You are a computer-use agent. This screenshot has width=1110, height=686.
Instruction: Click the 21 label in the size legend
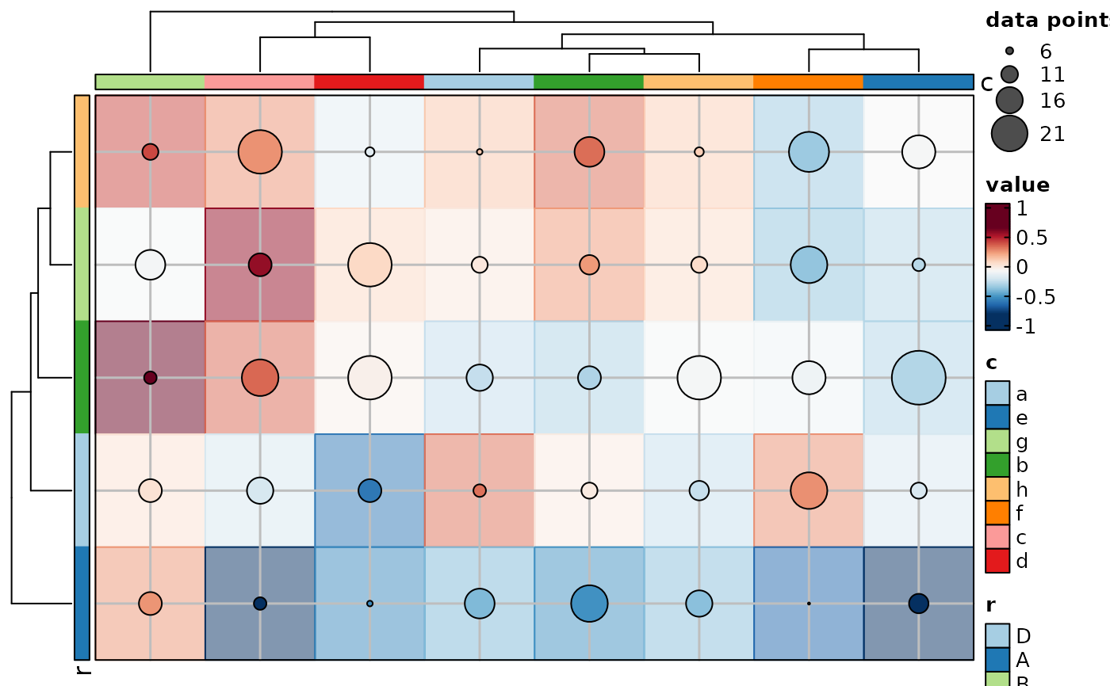[x=1052, y=135]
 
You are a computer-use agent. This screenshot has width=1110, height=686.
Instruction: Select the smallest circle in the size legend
[x=1009, y=51]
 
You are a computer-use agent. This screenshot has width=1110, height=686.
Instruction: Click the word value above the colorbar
[x=1017, y=185]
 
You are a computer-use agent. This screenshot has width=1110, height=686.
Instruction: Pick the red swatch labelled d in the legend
[x=997, y=561]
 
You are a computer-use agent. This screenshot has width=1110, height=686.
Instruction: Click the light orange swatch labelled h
[x=997, y=490]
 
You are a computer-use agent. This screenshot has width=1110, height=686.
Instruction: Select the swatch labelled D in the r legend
[x=997, y=635]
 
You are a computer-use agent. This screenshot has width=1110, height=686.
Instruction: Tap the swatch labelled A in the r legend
[x=997, y=660]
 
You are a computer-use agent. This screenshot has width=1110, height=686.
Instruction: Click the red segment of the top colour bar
[x=369, y=82]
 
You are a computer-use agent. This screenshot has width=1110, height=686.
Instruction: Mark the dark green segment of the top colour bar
[x=588, y=82]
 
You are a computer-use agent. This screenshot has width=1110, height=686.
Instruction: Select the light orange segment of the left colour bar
[x=82, y=151]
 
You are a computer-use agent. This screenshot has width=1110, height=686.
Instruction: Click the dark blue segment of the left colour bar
[x=82, y=603]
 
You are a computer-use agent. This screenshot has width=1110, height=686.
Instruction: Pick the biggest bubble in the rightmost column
[x=918, y=378]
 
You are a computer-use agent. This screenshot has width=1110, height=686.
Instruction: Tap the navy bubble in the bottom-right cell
[x=918, y=603]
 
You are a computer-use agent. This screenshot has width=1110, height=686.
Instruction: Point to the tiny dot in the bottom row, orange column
[x=809, y=604]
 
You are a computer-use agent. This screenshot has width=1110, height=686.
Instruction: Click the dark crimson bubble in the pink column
[x=260, y=265]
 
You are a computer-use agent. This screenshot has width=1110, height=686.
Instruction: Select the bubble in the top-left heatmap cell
[x=150, y=151]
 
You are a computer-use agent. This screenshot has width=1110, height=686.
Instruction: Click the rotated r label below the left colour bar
[x=82, y=670]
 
